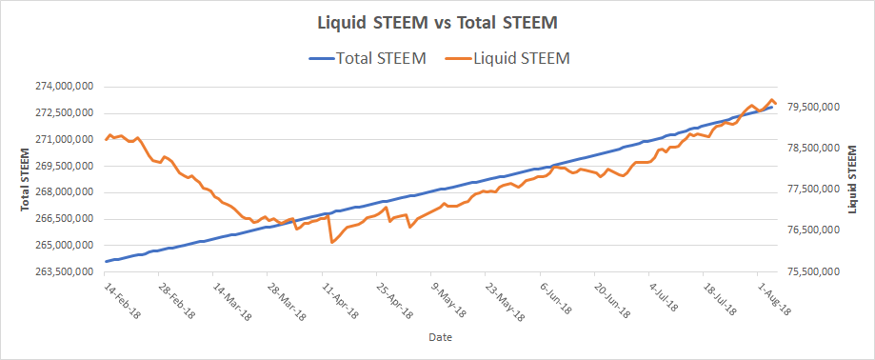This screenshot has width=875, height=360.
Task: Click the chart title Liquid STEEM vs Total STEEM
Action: (x=438, y=23)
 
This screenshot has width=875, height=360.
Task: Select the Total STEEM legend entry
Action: (x=367, y=58)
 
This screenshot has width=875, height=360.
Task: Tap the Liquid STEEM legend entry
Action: (x=507, y=58)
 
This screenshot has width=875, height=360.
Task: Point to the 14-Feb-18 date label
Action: (x=123, y=299)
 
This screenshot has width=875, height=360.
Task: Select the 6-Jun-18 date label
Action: (x=556, y=298)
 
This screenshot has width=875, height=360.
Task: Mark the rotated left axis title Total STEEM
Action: (x=25, y=179)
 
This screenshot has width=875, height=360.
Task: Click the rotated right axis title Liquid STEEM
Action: (x=852, y=179)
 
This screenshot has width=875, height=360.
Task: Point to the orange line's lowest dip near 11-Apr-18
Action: (x=332, y=242)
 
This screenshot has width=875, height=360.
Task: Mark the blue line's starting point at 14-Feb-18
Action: (x=106, y=261)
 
